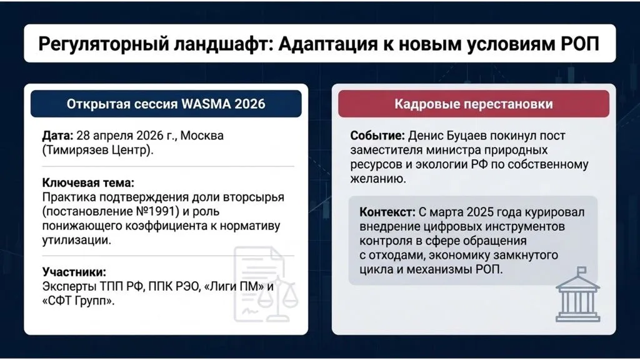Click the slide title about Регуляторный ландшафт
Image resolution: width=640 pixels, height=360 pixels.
[319, 44]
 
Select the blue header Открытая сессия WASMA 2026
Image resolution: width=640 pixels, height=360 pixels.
[166, 104]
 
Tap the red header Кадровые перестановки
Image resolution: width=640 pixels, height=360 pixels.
[473, 104]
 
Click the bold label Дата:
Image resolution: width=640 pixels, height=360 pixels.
[57, 136]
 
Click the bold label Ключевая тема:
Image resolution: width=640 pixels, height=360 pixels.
[88, 183]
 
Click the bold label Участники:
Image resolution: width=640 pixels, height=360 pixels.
[74, 272]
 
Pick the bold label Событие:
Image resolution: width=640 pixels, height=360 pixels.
[377, 136]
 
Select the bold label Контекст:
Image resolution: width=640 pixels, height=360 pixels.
[388, 212]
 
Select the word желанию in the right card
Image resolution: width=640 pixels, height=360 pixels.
[374, 179]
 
